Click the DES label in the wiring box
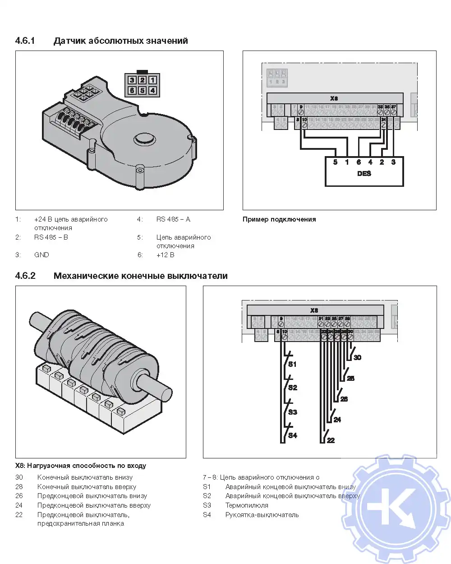364,174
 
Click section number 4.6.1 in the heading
25,41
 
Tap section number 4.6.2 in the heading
25,276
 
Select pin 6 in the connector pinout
132,90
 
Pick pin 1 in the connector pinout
152,80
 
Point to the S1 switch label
292,364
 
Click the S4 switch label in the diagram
293,435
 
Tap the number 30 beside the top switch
357,357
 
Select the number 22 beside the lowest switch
331,440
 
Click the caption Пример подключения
279,219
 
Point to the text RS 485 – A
173,219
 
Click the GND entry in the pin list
41,255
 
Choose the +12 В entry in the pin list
165,255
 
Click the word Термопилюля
247,505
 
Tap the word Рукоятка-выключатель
262,515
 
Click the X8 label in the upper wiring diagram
334,98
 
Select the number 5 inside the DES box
335,162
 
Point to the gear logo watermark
397,508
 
